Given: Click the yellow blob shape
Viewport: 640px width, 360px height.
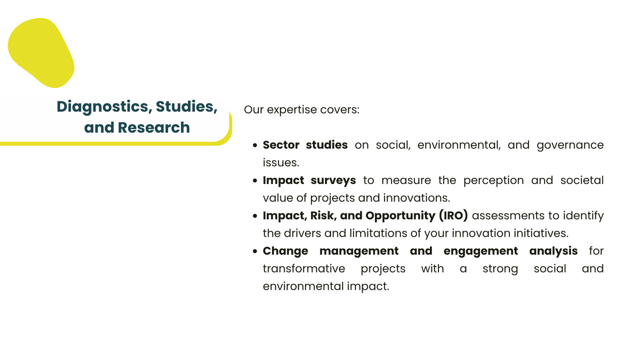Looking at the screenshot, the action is tap(41, 53).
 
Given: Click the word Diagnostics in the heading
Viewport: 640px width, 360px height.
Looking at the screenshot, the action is tap(102, 107).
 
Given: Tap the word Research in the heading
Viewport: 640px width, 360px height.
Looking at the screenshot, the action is tap(154, 127).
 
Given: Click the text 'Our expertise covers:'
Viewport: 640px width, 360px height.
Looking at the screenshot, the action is tap(301, 109).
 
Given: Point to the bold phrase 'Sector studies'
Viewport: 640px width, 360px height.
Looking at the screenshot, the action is tap(305, 145).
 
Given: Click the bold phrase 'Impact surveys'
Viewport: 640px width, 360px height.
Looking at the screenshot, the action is tap(309, 181).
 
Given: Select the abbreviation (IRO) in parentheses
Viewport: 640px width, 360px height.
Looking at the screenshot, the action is tap(453, 215).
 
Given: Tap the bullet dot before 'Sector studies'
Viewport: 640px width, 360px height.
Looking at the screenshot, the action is tap(255, 146).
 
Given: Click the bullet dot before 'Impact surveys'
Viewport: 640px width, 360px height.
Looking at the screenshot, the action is tap(255, 181).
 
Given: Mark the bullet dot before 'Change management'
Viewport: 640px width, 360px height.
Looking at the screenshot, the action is tap(255, 251).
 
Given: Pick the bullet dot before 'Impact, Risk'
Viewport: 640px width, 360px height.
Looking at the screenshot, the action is tap(255, 216).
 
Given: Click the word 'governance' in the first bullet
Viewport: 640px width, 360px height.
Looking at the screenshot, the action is tap(570, 146).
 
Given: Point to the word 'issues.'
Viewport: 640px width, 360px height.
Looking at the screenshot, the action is tap(281, 163).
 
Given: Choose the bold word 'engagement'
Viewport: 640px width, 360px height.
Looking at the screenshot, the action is tap(481, 251).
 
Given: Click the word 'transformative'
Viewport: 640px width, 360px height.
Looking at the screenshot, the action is tap(304, 269).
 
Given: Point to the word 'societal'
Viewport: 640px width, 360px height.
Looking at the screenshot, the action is tap(582, 180).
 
